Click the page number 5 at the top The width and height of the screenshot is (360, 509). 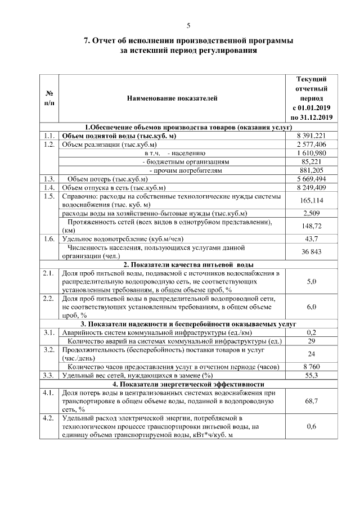tap(188, 25)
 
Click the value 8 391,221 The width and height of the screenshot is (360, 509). tap(311, 136)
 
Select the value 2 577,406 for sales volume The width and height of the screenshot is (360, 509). tap(311, 144)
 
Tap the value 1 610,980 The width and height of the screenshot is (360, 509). tap(311, 152)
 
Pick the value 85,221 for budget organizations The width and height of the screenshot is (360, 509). tap(311, 161)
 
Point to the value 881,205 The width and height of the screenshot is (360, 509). tap(311, 169)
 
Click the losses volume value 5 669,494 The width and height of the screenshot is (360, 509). tap(311, 178)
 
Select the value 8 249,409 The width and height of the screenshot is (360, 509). tap(311, 187)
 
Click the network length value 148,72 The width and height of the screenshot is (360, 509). tap(311, 226)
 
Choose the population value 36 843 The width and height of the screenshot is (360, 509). tap(311, 251)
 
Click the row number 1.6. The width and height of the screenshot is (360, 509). tap(48, 238)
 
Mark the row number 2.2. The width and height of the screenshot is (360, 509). tap(48, 298)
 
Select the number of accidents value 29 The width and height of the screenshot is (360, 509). tap(311, 341)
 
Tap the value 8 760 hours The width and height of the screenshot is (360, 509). tap(311, 367)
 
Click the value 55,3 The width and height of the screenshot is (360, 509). tap(311, 375)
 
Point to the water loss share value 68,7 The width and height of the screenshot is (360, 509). tap(311, 401)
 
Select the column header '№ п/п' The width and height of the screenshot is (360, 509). tap(49, 98)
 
